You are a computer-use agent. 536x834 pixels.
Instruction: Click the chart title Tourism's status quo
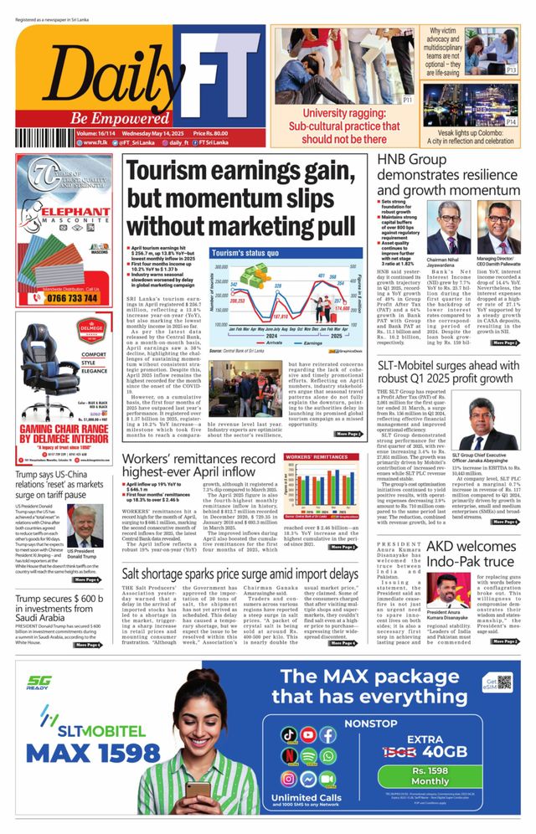(x=245, y=253)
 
